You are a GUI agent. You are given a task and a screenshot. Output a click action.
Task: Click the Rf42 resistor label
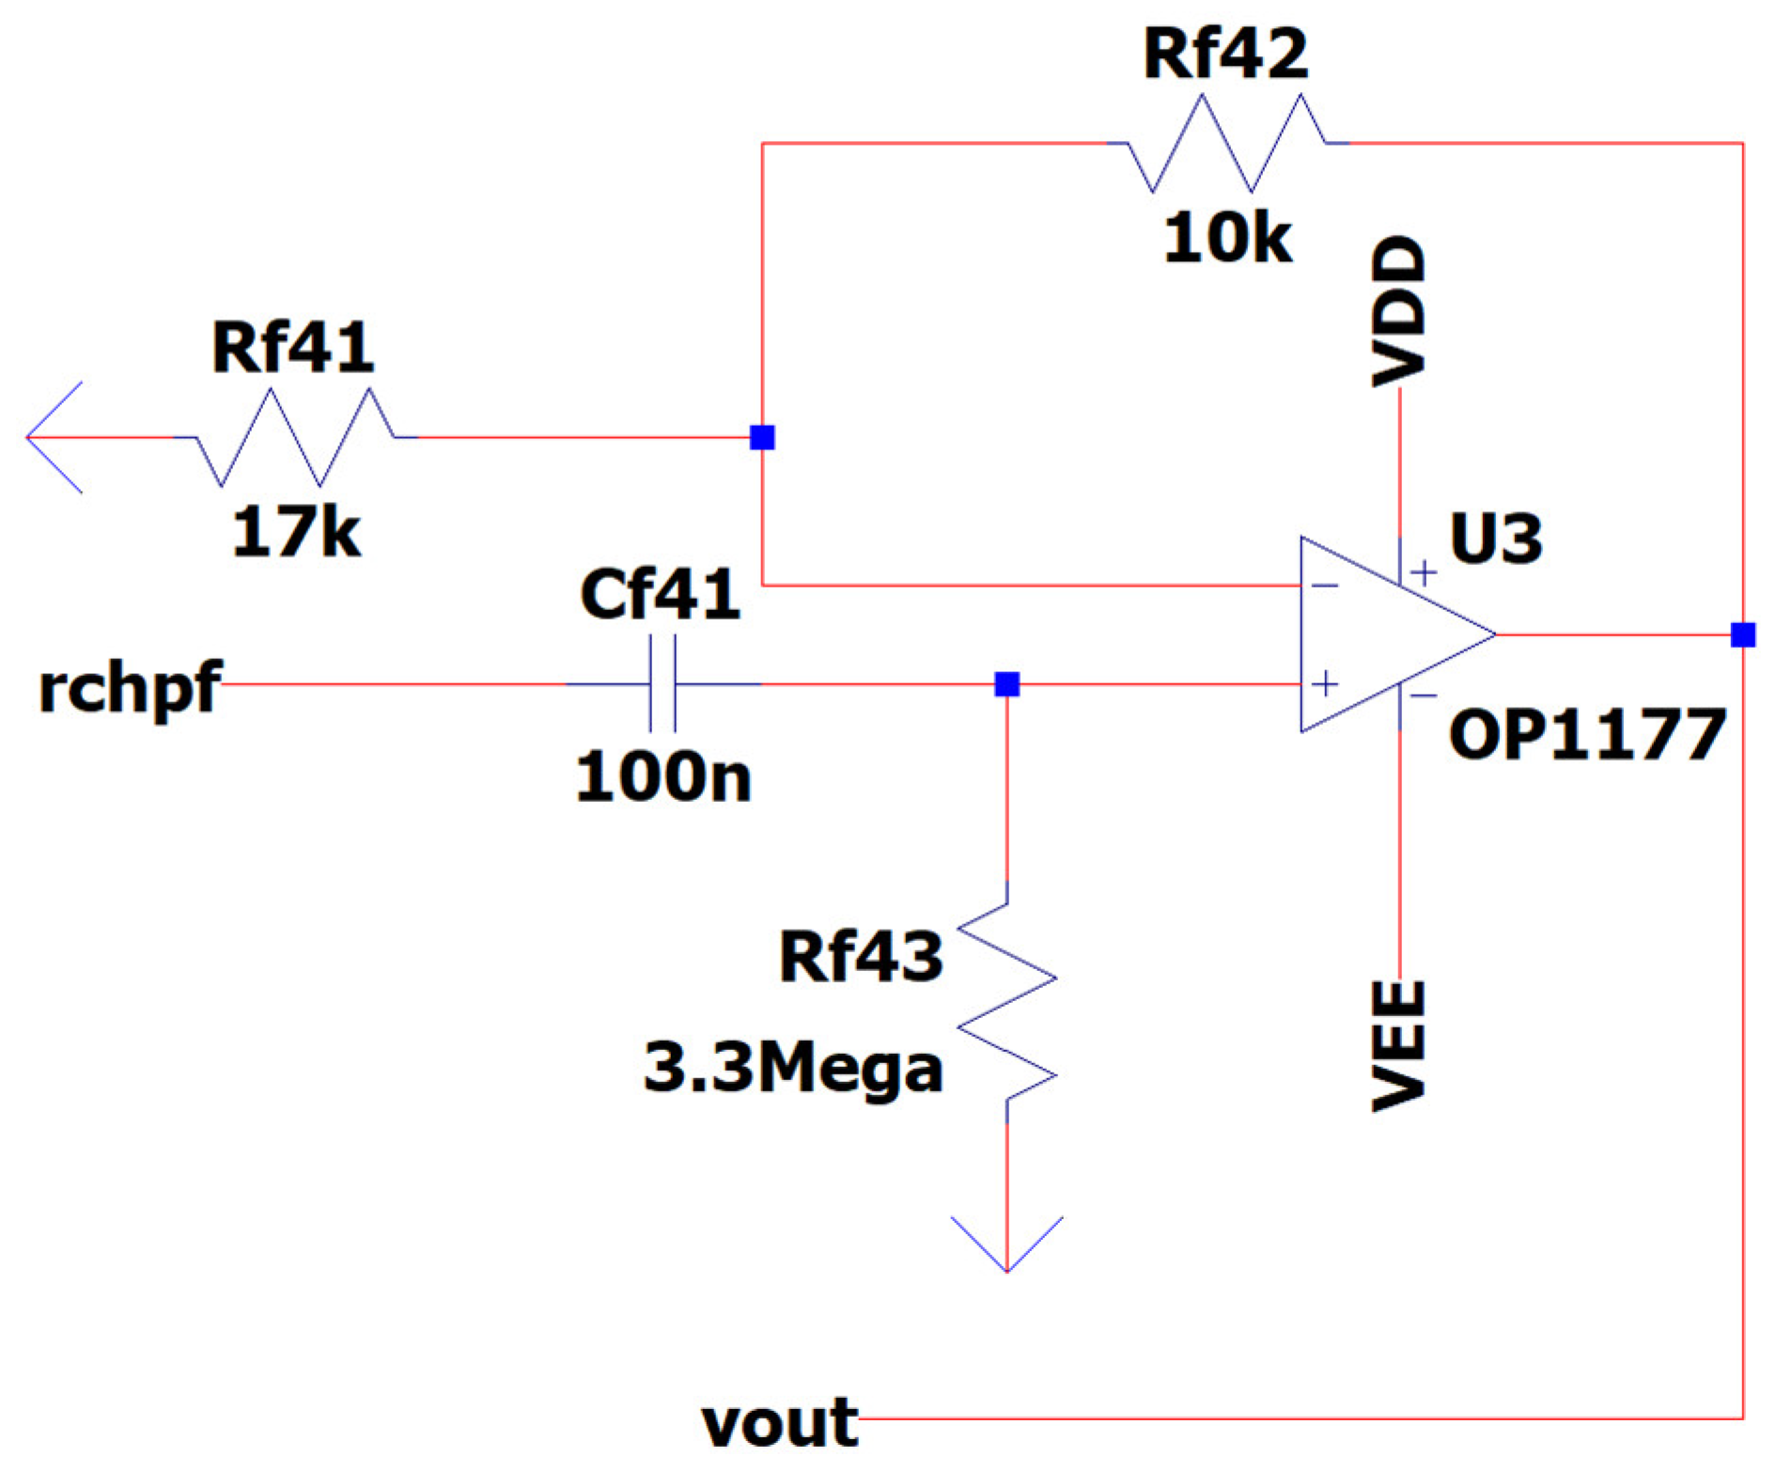(1224, 55)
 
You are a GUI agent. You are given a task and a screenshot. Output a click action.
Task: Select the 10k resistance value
(1227, 238)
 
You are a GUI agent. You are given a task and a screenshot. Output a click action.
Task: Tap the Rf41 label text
(292, 349)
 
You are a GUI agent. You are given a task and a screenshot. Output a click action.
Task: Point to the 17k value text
(296, 532)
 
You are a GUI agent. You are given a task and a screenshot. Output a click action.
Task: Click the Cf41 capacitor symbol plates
(662, 684)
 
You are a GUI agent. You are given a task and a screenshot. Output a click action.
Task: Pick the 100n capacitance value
(663, 777)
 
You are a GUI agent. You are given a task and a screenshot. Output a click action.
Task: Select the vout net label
(779, 1422)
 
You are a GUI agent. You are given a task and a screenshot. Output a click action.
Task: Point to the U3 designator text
(1495, 539)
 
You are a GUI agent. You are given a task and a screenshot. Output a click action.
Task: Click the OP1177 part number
(1587, 735)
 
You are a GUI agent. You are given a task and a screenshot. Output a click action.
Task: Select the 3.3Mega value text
(792, 1069)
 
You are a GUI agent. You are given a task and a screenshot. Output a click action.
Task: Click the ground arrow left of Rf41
(55, 437)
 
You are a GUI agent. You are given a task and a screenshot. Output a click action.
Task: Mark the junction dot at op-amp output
(1743, 635)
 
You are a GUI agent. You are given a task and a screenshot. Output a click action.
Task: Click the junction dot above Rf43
(1007, 684)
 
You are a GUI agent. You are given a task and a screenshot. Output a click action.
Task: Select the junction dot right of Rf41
(762, 437)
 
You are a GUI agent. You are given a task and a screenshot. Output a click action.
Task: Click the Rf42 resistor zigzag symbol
(1226, 143)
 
